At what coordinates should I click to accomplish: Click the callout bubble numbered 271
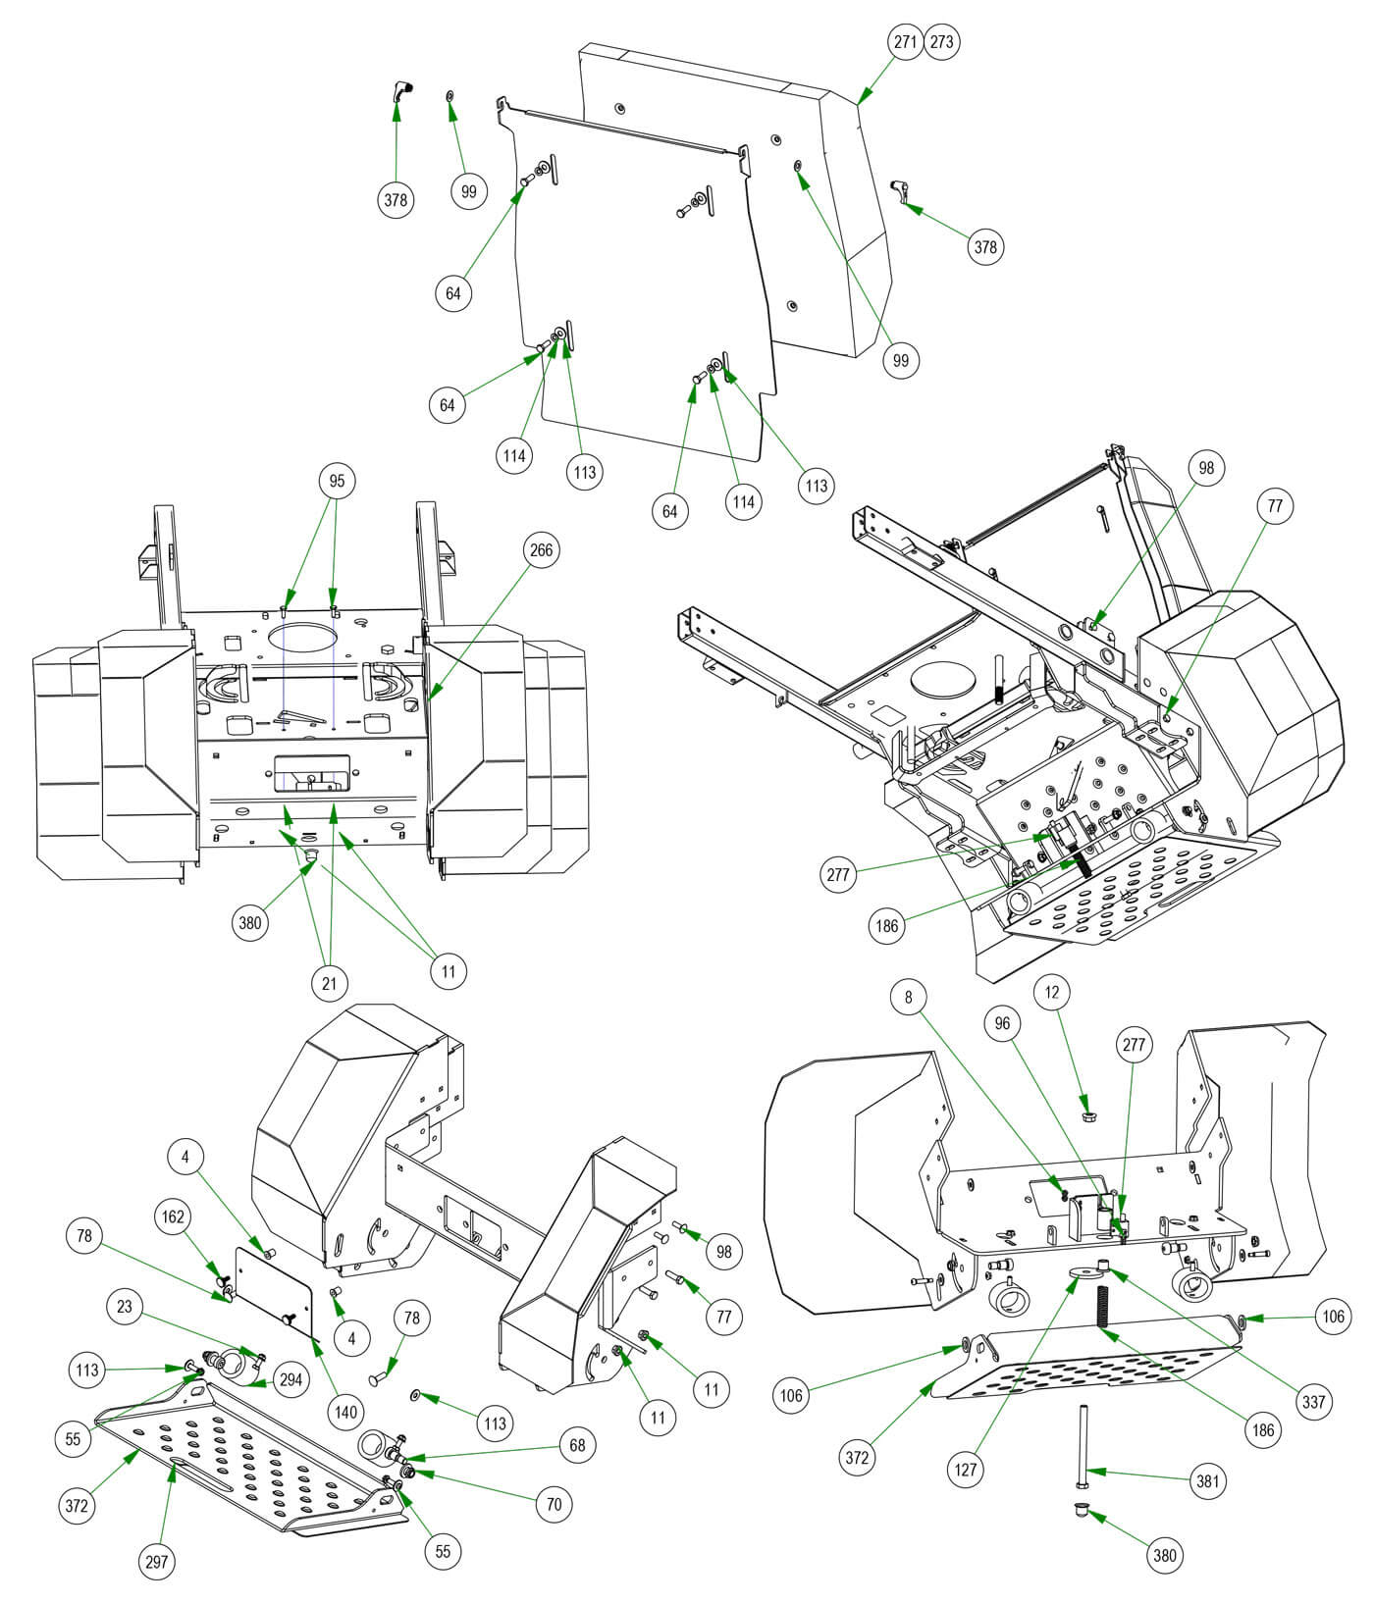[x=904, y=42]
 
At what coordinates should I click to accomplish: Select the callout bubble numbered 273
[x=941, y=42]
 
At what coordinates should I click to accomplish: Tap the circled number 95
[x=337, y=482]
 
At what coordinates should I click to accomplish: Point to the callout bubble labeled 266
[x=541, y=550]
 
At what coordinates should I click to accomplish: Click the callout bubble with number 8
[x=909, y=998]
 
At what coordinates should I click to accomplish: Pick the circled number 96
[x=1002, y=1023]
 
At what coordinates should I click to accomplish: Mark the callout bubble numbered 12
[x=1052, y=993]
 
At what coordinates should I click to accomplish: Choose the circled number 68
[x=577, y=1444]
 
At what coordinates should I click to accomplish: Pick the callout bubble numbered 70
[x=554, y=1503]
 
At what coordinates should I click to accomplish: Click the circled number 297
[x=157, y=1562]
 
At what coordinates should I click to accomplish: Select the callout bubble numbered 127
[x=966, y=1470]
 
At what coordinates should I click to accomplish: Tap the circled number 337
[x=1313, y=1402]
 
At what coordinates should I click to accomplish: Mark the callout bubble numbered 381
[x=1207, y=1480]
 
